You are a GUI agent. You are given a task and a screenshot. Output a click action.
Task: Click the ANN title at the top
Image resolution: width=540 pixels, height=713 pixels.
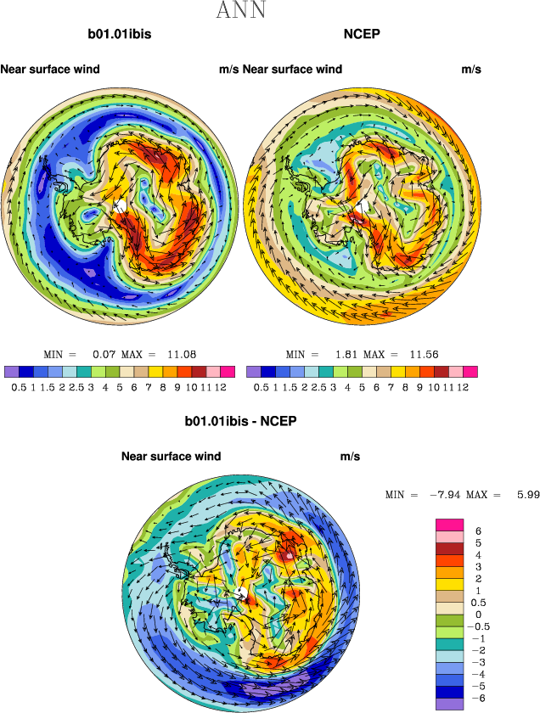(241, 11)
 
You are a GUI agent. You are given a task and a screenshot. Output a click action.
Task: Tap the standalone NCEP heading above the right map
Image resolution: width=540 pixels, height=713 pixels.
(362, 35)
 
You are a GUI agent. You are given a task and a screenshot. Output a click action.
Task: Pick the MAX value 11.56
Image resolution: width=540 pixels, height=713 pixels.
(423, 354)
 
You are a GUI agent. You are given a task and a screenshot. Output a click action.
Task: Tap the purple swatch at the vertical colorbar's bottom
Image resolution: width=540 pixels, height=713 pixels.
(449, 703)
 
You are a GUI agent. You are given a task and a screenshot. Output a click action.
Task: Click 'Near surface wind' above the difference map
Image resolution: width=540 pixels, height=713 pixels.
(171, 457)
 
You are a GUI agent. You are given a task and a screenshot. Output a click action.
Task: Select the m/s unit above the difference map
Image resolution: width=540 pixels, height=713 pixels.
(350, 457)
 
